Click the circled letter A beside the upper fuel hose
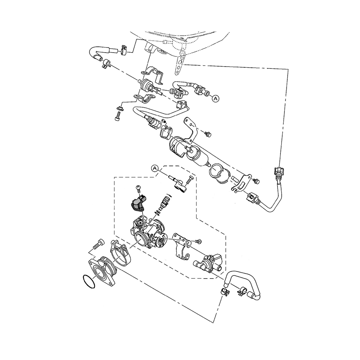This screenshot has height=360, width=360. (216, 98)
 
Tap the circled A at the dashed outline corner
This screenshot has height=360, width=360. (155, 168)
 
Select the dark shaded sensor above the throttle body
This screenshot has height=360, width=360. (137, 203)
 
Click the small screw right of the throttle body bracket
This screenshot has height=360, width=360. (198, 240)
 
